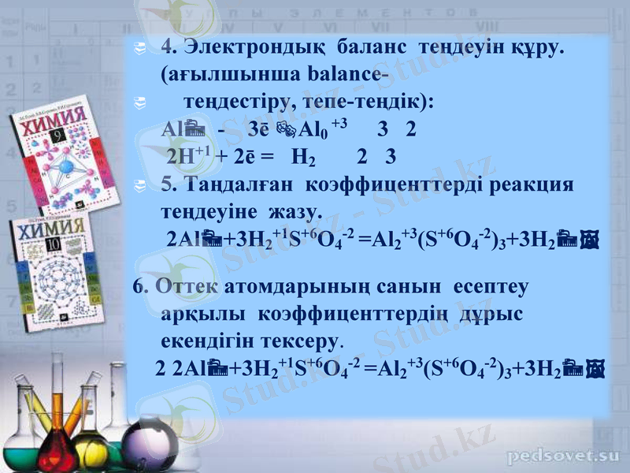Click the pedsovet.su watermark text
coord(563,455)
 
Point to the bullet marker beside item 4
coord(139,49)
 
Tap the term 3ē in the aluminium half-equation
coord(257,129)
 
